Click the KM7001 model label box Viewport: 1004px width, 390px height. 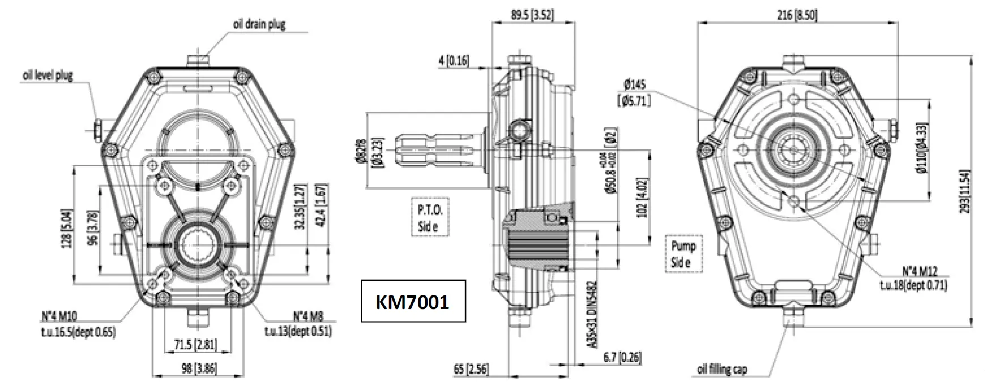coord(413,301)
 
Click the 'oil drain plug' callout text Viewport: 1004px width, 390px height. coord(259,24)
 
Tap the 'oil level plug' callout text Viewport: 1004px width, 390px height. coord(48,76)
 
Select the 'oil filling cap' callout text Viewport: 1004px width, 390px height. coord(721,370)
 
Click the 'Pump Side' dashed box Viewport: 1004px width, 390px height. coord(683,254)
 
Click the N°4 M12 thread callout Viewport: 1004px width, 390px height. coord(911,278)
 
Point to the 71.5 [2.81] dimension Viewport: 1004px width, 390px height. coord(194,345)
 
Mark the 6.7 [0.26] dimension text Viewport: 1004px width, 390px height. coord(622,357)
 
